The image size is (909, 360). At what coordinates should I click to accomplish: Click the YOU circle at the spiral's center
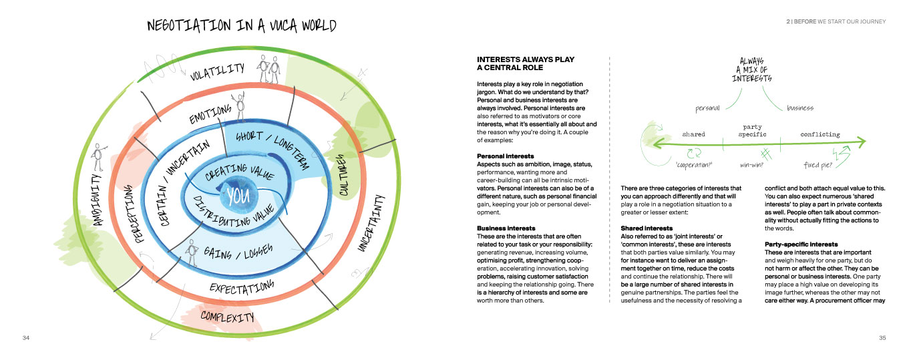pyautogui.click(x=238, y=197)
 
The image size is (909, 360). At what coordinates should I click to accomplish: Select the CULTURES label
pyautogui.click(x=343, y=176)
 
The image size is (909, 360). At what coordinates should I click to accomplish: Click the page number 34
pyautogui.click(x=25, y=338)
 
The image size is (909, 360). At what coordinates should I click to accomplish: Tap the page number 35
pyautogui.click(x=882, y=338)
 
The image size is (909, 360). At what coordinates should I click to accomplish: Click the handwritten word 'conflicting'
pyautogui.click(x=820, y=134)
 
